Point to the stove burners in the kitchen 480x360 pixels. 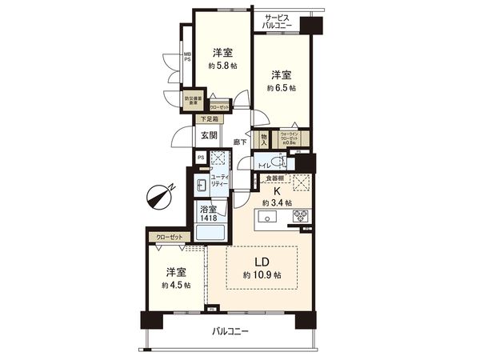coord(302,215)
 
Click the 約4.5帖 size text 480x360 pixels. coord(175,285)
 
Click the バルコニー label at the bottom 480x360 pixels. coord(230,331)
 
